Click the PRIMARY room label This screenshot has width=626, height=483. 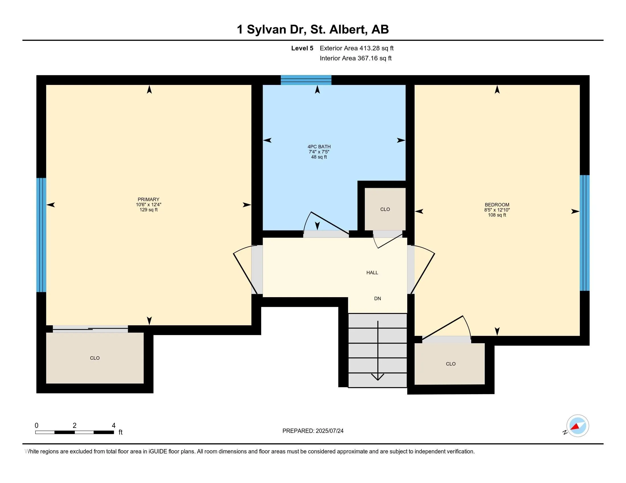(149, 199)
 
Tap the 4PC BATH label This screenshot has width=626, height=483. (319, 147)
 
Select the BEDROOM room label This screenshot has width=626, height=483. (497, 205)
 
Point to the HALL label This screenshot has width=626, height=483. (372, 273)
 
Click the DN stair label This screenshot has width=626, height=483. (378, 299)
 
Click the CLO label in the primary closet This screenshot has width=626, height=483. (95, 358)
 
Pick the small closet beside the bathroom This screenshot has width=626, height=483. (385, 209)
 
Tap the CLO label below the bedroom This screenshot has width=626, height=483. (451, 364)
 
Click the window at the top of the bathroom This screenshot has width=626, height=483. (306, 80)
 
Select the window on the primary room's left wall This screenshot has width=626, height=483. (41, 235)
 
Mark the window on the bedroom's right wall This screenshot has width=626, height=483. (585, 233)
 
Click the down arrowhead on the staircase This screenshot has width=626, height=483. (378, 377)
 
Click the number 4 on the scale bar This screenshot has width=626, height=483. (114, 426)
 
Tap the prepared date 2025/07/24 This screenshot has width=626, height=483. (329, 431)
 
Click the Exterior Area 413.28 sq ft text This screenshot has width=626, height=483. (357, 48)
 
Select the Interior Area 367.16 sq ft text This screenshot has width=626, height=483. (355, 58)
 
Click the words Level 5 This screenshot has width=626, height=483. (302, 48)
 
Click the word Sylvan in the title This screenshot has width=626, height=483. (267, 30)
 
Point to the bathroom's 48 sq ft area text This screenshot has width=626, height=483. (319, 157)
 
